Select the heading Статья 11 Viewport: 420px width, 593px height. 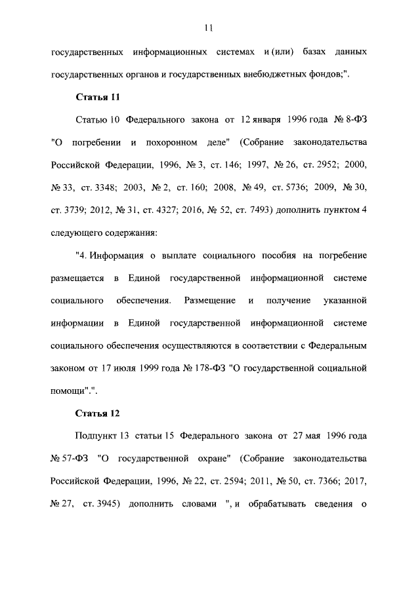click(98, 98)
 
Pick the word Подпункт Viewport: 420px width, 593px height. click(96, 436)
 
